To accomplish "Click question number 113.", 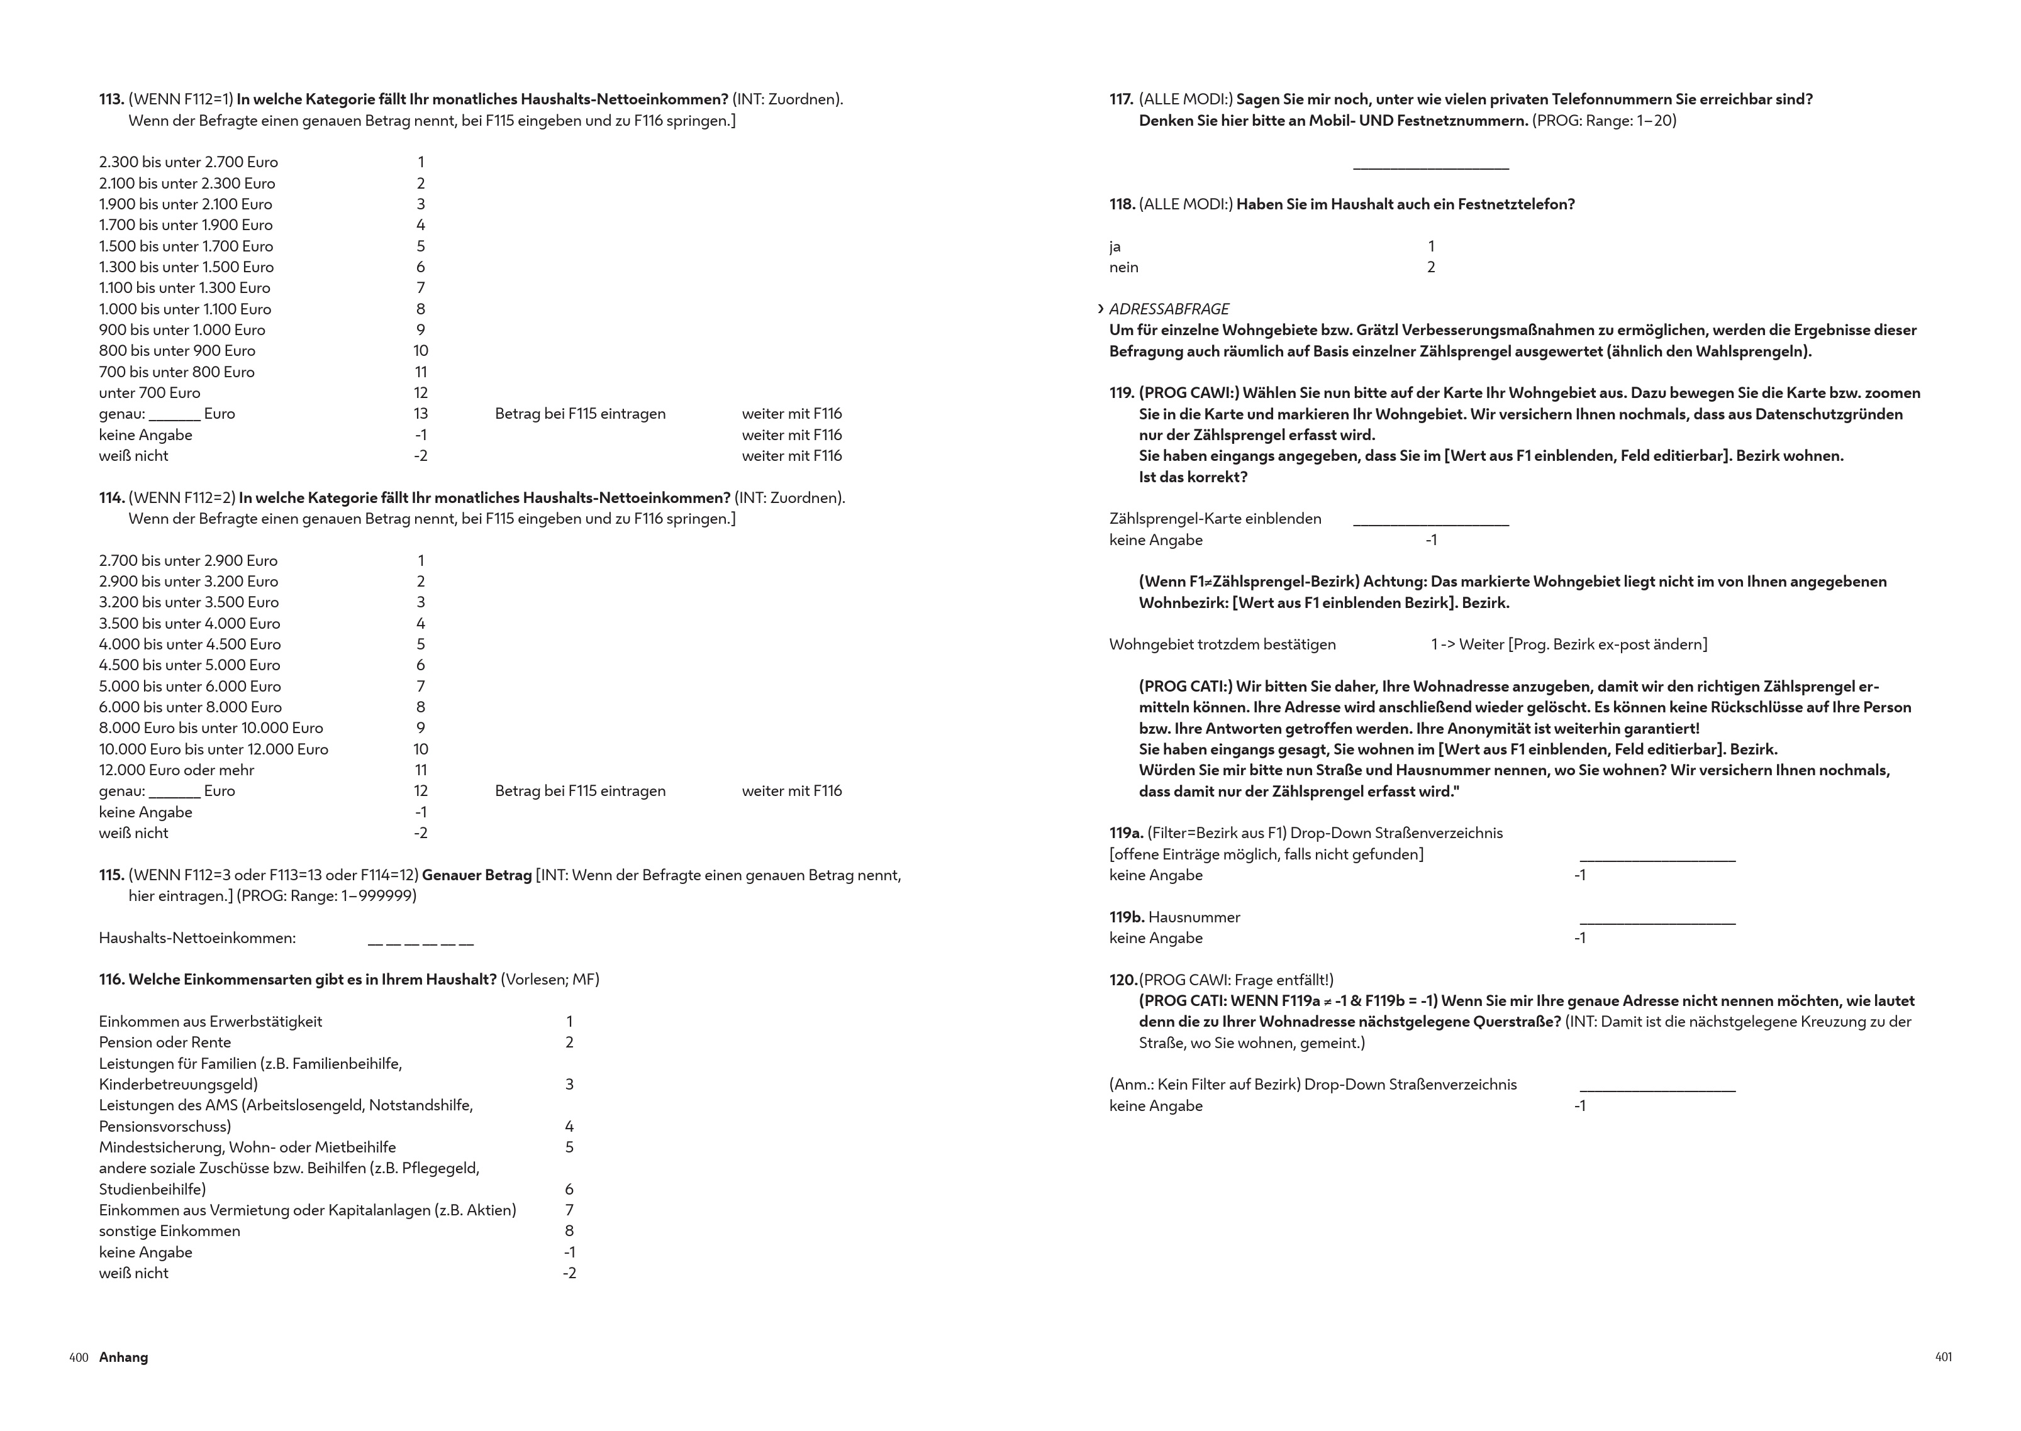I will [111, 99].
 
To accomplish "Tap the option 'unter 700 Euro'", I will [149, 393].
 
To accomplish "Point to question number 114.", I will [111, 498].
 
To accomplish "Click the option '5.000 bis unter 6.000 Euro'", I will [189, 687].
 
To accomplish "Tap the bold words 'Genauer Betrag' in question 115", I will [476, 875].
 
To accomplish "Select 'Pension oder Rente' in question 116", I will [165, 1042].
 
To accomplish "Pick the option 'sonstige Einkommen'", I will [169, 1231].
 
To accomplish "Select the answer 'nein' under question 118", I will [1124, 267].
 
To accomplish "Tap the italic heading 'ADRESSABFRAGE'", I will [1169, 309].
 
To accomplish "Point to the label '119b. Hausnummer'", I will [1174, 917].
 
